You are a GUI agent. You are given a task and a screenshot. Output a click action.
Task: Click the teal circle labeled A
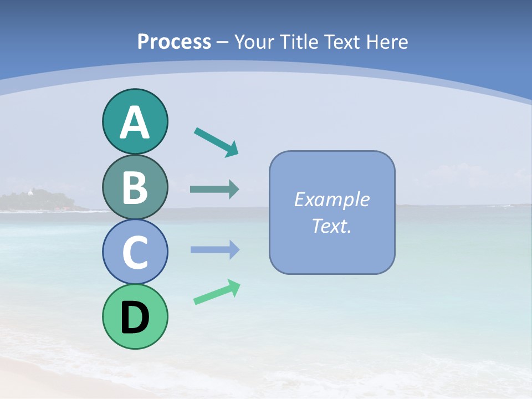click(135, 121)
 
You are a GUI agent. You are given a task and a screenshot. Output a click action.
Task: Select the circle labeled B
click(135, 187)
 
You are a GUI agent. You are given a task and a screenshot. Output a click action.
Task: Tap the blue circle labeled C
click(135, 252)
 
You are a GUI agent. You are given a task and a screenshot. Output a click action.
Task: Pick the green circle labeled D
click(135, 316)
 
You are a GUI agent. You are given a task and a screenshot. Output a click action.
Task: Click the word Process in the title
click(174, 42)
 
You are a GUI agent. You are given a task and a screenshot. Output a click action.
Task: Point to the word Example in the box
click(332, 199)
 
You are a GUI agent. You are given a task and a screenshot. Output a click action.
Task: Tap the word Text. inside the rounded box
click(332, 226)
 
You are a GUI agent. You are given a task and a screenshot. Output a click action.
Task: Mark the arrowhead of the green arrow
click(235, 288)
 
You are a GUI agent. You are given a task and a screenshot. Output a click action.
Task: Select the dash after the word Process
click(223, 42)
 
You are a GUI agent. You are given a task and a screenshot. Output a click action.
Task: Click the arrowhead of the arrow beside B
click(234, 190)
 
